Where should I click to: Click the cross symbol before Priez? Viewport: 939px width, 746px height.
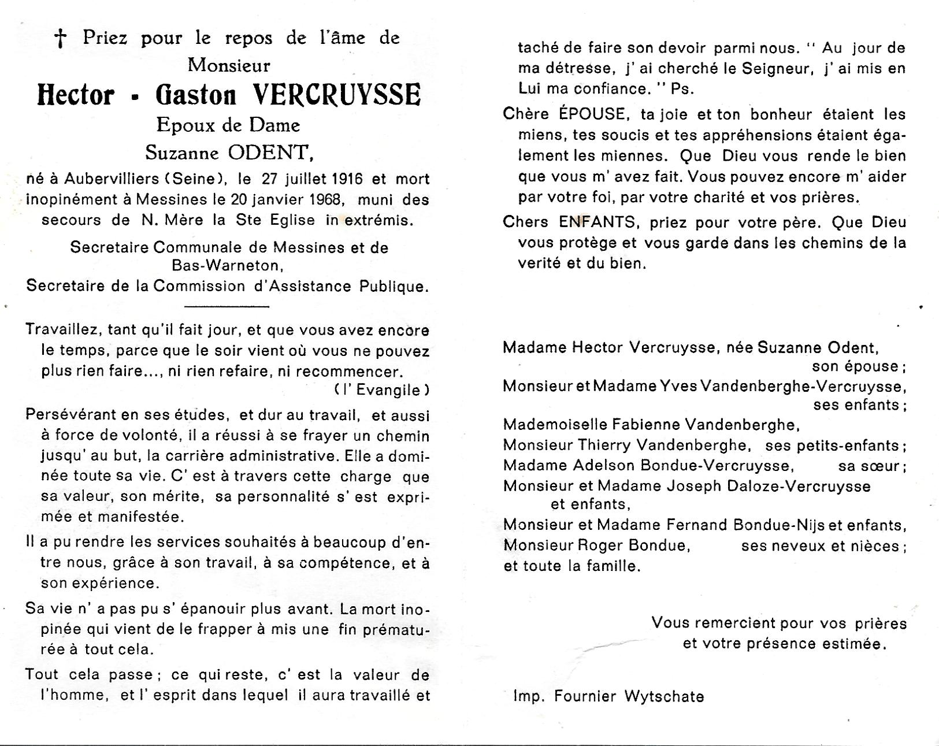tap(60, 39)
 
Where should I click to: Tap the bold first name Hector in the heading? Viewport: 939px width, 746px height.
tap(76, 95)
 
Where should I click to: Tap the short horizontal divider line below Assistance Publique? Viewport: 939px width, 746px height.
tap(226, 306)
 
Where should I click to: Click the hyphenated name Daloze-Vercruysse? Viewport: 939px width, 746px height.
tap(769, 487)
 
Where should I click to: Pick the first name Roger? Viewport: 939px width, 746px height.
tap(601, 545)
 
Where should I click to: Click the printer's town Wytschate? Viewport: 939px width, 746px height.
tap(664, 697)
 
